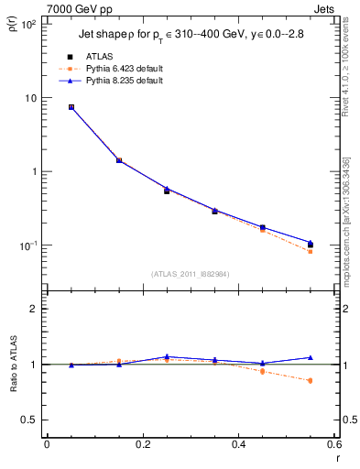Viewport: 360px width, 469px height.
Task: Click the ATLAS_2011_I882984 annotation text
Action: coord(190,273)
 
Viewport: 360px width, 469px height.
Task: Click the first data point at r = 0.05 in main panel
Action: coord(71,107)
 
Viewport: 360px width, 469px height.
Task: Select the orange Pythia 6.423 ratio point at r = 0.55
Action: coord(310,380)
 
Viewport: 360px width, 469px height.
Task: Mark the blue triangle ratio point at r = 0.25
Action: coord(167,356)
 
